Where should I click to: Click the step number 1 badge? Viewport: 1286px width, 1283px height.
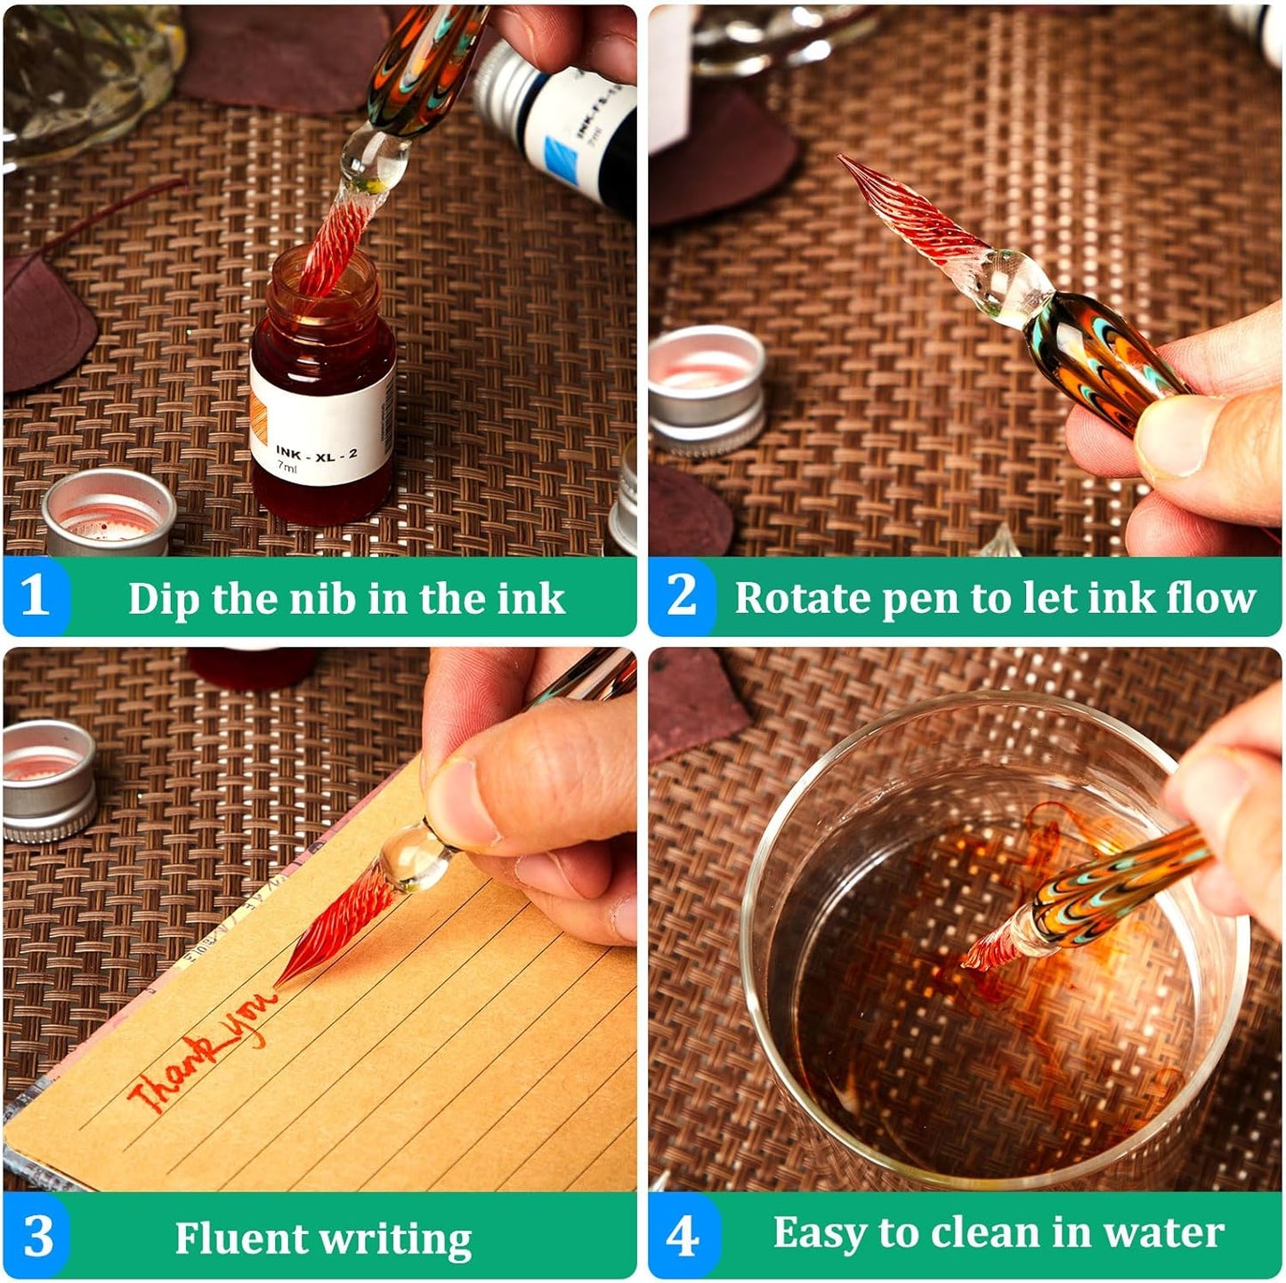pos(34,596)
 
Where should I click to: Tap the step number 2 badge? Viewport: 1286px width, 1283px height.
pos(682,596)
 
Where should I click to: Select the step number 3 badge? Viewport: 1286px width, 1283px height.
pos(37,1237)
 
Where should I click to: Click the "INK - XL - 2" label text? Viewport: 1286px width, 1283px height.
pos(316,453)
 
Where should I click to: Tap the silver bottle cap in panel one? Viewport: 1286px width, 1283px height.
pos(109,512)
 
